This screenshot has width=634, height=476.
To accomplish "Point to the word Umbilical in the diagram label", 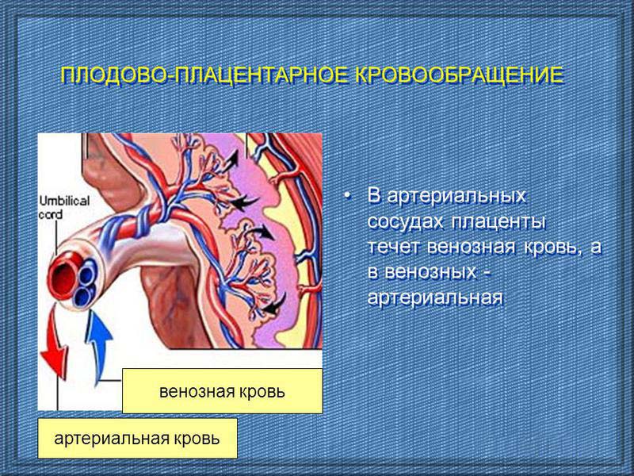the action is [65, 201].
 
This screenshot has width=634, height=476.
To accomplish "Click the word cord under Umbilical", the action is [51, 213].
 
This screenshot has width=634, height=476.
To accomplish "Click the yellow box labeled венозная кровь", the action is [223, 391].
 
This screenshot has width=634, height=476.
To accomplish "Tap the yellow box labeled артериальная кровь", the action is [137, 439].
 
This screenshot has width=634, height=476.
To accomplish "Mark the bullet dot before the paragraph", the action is [347, 196].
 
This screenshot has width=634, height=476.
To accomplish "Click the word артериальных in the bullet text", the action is [456, 196].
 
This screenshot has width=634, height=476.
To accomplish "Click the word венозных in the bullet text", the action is [430, 272].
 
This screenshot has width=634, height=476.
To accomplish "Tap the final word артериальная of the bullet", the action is [435, 298].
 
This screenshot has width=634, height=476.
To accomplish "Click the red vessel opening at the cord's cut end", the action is [64, 276].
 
